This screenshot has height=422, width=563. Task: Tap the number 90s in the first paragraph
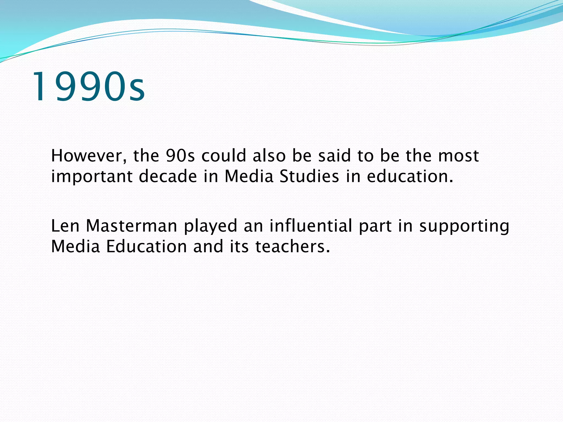point(180,156)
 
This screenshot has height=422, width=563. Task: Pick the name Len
point(65,226)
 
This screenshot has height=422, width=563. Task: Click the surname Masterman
point(131,226)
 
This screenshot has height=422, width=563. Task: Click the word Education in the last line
point(147,246)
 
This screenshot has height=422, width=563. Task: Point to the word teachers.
point(292,246)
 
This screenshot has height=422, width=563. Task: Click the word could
point(224,156)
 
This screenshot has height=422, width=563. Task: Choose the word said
point(335,156)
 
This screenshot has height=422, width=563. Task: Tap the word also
point(269,156)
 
